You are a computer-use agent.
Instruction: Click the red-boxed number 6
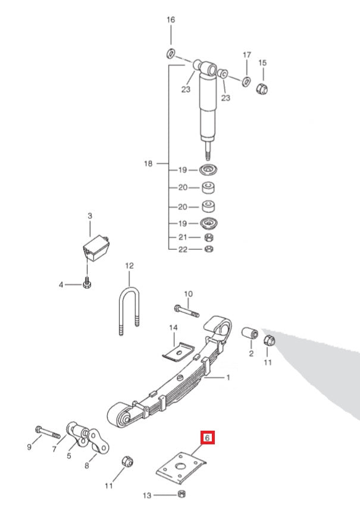pyautogui.click(x=207, y=438)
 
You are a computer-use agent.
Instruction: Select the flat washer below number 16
pyautogui.click(x=170, y=54)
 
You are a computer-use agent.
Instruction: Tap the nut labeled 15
pyautogui.click(x=262, y=89)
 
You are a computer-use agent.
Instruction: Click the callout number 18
pyautogui.click(x=148, y=164)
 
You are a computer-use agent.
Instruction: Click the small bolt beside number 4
pyautogui.click(x=86, y=283)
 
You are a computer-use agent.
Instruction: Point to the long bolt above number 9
pyautogui.click(x=45, y=431)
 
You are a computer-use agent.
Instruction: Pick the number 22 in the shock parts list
pyautogui.click(x=182, y=249)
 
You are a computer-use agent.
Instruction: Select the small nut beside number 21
pyautogui.click(x=209, y=238)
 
